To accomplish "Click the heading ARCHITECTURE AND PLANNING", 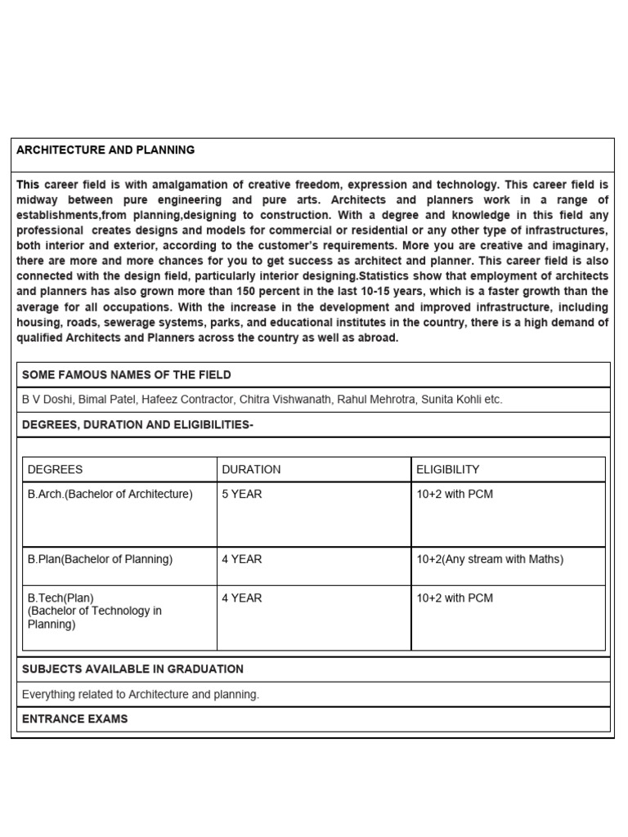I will (x=105, y=150).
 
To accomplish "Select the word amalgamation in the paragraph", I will (x=213, y=185).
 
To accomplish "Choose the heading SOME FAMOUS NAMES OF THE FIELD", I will (x=126, y=374).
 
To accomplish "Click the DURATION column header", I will (x=251, y=469).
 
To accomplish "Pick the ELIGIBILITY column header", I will (x=447, y=469).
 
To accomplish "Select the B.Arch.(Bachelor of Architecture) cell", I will (x=110, y=495).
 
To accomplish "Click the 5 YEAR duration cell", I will (x=241, y=495).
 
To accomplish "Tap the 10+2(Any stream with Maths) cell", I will (x=489, y=559).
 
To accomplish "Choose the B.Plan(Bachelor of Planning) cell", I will (x=100, y=559).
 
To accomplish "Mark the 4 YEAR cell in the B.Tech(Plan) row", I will (x=241, y=598).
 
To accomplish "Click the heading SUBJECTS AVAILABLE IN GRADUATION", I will (x=132, y=669).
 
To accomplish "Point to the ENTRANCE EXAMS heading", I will (x=74, y=718).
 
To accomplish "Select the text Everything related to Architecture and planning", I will (x=141, y=694).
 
